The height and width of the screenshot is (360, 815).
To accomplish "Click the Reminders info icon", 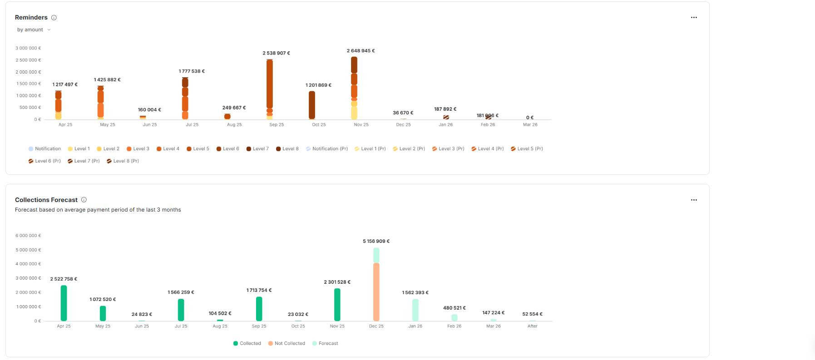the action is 54,18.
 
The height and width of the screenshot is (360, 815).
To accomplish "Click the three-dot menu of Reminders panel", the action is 693,18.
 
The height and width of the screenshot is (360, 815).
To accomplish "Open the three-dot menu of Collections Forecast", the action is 693,200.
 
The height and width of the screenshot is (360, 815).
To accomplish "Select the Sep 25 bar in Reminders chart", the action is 270,86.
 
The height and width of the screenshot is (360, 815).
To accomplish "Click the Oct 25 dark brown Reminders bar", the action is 312,105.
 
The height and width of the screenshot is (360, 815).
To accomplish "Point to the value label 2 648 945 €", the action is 361,51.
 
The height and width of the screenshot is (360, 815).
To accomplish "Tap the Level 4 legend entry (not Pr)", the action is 168,149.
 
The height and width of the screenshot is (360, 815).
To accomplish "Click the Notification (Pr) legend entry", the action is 327,149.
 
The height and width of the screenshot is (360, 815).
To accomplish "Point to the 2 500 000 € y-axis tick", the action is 28,60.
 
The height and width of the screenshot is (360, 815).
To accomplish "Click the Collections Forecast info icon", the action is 84,200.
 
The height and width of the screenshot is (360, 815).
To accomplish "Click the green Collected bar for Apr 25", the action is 64,303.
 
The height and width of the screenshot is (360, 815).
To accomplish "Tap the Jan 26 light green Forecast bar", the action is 415,310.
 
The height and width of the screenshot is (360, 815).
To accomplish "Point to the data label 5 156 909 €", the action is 376,242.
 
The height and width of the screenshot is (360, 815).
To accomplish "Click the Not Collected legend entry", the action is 286,344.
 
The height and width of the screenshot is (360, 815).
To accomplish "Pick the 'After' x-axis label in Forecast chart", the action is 532,326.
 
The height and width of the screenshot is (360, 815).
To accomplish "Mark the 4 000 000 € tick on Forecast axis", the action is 28,264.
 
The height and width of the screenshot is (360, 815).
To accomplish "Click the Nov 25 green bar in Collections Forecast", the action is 337,305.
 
